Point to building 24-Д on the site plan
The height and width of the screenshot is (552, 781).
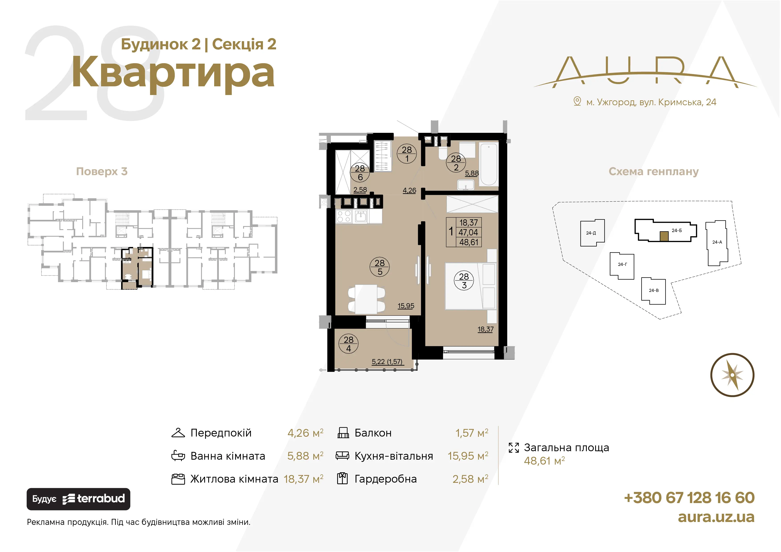(x=592, y=233)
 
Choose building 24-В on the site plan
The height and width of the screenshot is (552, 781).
(x=653, y=291)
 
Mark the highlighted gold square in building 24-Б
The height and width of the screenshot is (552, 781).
(x=664, y=236)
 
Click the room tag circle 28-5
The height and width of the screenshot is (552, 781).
(x=380, y=267)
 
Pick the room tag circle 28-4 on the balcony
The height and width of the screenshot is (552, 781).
(x=349, y=344)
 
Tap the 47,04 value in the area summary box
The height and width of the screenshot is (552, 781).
(x=468, y=233)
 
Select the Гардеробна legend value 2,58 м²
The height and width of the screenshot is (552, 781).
(x=470, y=479)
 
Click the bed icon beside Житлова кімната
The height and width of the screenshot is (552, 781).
(x=178, y=479)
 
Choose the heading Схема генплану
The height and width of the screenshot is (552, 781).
(x=653, y=171)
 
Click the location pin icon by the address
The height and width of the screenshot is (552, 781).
(x=577, y=101)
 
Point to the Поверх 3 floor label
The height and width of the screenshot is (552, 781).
(x=102, y=171)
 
